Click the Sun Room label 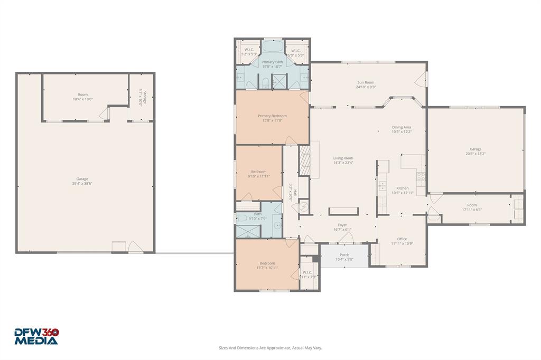[x=366, y=82]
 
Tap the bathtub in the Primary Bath [x=272, y=46]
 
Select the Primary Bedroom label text [x=272, y=116]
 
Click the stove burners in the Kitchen [x=421, y=177]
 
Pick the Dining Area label [x=402, y=127]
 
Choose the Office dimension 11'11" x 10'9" [x=402, y=244]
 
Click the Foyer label [x=342, y=225]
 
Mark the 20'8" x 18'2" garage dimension [x=475, y=154]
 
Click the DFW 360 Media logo [x=36, y=337]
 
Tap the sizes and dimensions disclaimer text [x=270, y=348]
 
